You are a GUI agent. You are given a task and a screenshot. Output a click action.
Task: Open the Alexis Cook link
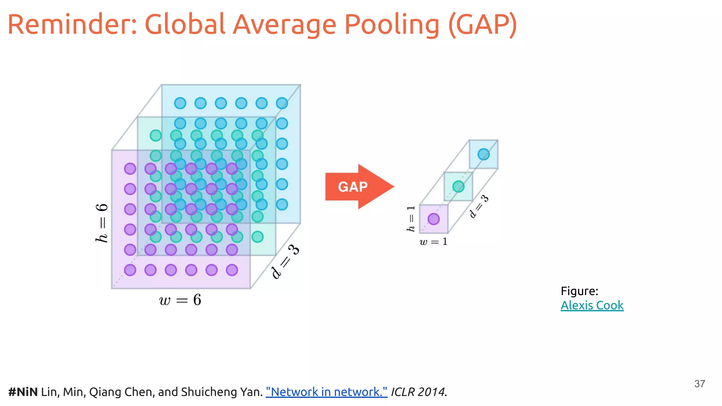592,305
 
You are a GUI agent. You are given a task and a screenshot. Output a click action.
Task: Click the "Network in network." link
326,392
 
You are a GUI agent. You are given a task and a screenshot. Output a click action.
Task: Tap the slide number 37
699,384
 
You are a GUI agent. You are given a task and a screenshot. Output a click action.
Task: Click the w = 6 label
180,300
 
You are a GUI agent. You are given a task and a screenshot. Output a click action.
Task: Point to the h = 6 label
102,223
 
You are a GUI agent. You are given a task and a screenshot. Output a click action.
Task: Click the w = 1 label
433,242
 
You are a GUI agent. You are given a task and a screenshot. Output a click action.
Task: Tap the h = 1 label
411,219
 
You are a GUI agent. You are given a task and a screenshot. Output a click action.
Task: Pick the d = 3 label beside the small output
479,207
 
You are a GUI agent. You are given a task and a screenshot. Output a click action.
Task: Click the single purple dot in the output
434,219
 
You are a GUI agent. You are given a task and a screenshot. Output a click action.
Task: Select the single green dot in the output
458,186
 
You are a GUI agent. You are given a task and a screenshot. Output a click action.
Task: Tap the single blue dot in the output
483,154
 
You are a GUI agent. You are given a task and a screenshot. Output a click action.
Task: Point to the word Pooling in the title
392,25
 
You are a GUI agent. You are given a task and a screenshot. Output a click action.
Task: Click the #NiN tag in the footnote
23,392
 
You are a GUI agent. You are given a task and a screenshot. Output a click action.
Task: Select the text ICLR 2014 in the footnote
418,392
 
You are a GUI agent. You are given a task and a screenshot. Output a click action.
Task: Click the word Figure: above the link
579,291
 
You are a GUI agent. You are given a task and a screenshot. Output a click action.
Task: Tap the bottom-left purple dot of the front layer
130,270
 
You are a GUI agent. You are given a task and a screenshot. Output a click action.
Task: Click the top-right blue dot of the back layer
282,103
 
